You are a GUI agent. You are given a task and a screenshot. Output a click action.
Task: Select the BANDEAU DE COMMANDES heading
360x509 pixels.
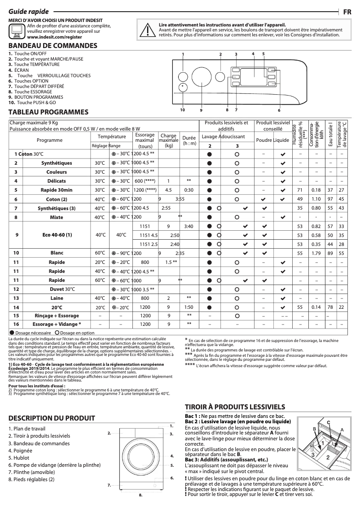coord(53,46)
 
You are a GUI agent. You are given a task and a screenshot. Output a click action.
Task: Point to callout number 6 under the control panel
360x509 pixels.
coord(279,110)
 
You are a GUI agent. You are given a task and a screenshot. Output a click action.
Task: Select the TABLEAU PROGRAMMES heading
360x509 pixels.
coord(48,112)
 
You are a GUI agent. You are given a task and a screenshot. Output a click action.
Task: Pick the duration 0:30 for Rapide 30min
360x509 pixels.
coord(189,190)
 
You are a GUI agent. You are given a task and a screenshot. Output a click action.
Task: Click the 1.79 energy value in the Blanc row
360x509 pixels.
coord(316,253)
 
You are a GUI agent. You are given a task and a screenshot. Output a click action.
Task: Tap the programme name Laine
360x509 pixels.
coord(57,298)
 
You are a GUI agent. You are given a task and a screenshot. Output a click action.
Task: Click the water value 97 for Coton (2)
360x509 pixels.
coord(330,199)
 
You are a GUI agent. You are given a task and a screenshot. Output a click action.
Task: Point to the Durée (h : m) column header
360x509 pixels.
coord(189,140)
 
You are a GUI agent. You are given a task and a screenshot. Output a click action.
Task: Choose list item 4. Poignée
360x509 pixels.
coord(20,450)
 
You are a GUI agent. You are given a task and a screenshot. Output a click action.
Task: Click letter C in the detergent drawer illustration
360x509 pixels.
coord(329,422)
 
